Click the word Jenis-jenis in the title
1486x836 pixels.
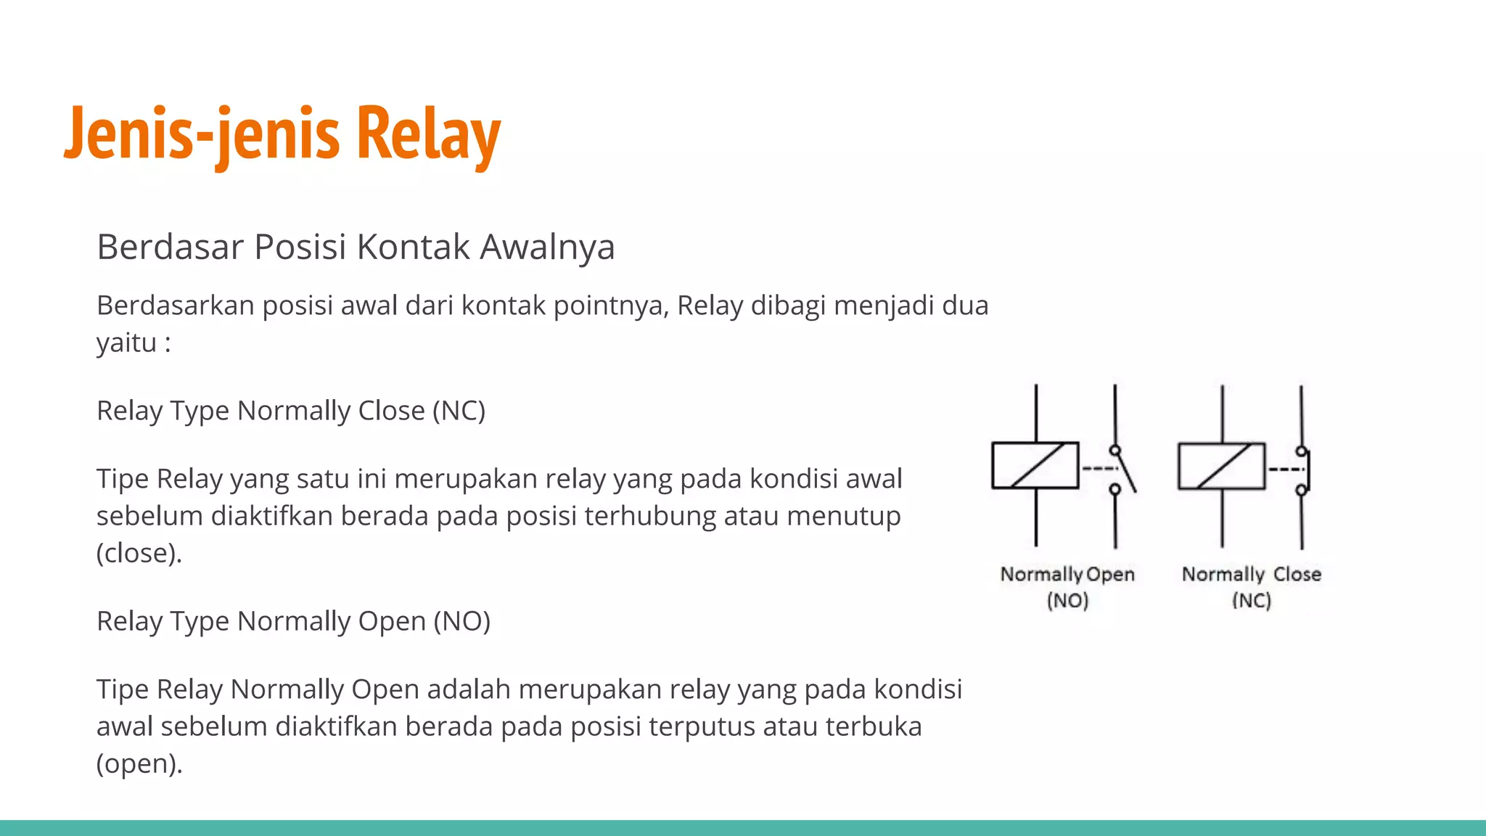pos(202,135)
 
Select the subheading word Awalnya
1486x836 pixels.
pos(547,247)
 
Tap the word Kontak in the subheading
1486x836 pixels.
pos(414,247)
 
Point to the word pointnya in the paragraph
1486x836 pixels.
pos(610,306)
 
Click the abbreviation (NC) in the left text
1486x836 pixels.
pos(459,411)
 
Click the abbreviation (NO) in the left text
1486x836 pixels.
pos(461,621)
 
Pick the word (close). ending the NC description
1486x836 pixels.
pos(139,553)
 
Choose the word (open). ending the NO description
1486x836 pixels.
pos(139,763)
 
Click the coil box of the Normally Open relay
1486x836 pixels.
pos(1035,465)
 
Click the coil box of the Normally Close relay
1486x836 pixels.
pos(1222,465)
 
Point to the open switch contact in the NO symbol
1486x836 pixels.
pos(1123,470)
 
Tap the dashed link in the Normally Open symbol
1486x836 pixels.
pos(1098,469)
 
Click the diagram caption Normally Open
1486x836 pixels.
pos(1067,574)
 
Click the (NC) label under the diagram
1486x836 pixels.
pos(1252,601)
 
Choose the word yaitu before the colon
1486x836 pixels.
pos(126,343)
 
